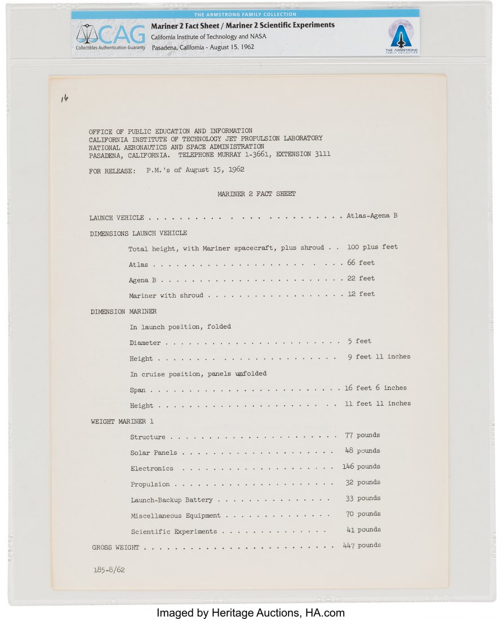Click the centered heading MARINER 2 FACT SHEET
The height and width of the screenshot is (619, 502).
(256, 194)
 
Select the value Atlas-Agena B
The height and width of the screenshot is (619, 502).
(372, 216)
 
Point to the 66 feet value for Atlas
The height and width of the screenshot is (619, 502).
(361, 263)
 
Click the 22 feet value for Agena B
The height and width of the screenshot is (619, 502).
(361, 279)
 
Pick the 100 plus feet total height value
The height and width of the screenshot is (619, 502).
(372, 247)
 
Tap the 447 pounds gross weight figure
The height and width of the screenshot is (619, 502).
(362, 545)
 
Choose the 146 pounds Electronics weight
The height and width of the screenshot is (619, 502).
(361, 467)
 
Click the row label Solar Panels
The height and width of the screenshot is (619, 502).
(153, 452)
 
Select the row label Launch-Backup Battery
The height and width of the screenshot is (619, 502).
(171, 500)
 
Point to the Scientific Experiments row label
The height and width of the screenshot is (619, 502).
(174, 531)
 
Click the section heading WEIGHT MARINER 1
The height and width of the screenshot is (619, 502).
(122, 421)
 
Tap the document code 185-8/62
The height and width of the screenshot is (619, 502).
(109, 569)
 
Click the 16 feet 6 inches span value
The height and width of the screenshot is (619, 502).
(375, 388)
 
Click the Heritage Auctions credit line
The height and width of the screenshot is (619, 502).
(251, 612)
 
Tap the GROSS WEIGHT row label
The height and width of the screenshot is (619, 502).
(115, 547)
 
